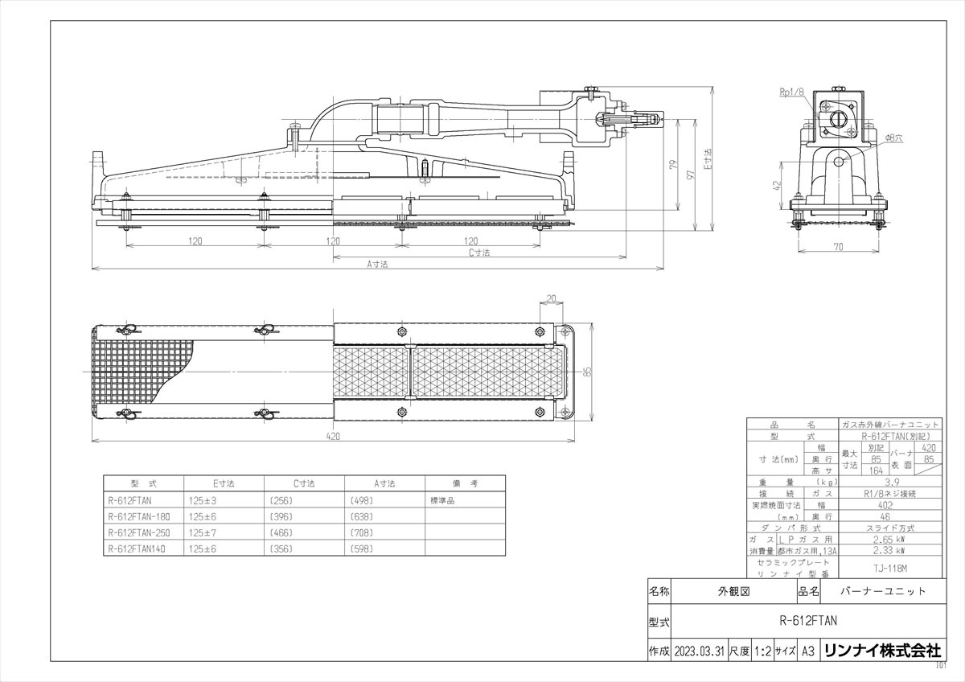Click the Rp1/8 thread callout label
tap(791, 92)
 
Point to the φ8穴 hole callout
tap(893, 138)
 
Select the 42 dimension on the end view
tap(777, 184)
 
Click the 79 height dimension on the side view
tap(671, 165)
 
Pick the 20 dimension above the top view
tap(551, 298)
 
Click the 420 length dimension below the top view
tap(333, 436)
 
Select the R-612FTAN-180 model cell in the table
tap(138, 516)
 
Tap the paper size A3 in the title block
tap(808, 651)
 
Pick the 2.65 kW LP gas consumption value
tap(888, 540)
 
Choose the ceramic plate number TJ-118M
tap(888, 568)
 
